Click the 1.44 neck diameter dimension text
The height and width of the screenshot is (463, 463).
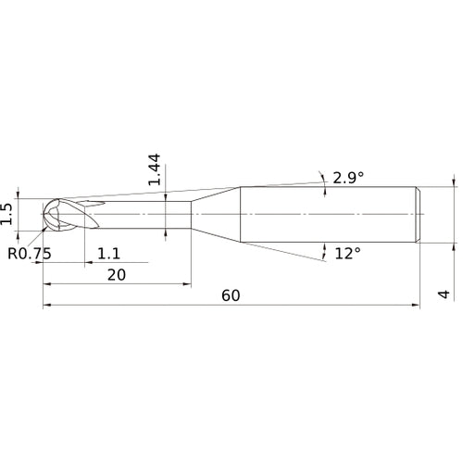point(155,169)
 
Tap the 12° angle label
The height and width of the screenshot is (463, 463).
point(346,253)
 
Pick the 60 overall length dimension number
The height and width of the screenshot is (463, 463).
point(230,295)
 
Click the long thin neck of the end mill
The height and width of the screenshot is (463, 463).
point(148,215)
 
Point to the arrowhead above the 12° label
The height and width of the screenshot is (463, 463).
point(325,244)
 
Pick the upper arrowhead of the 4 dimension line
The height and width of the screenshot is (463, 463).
point(455,182)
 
